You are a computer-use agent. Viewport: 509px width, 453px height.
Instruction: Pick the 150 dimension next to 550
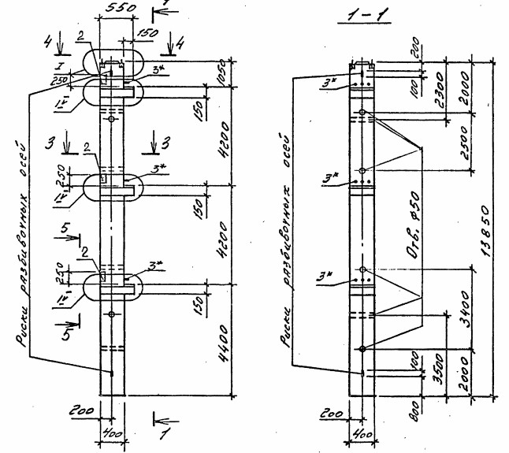147,34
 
